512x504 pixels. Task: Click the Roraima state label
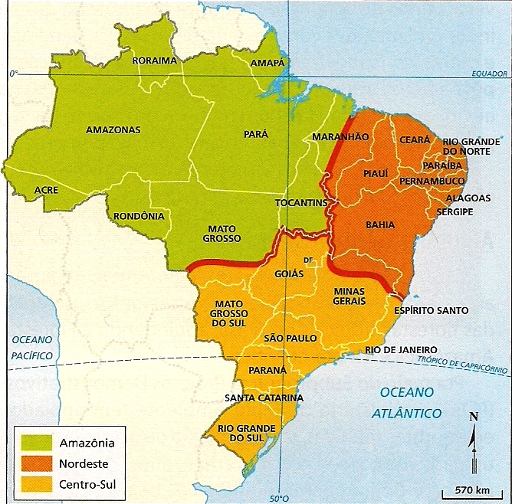[154, 61]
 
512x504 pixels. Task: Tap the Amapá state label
[268, 62]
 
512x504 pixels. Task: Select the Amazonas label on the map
[113, 130]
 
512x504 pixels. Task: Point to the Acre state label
[47, 189]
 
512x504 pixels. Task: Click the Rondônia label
[139, 216]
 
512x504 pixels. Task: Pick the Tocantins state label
[301, 203]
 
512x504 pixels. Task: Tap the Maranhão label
[340, 136]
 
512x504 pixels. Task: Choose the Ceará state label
[416, 140]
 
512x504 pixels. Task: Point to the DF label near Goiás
[309, 260]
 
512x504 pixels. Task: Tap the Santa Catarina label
[264, 398]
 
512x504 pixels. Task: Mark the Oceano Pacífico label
[31, 347]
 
